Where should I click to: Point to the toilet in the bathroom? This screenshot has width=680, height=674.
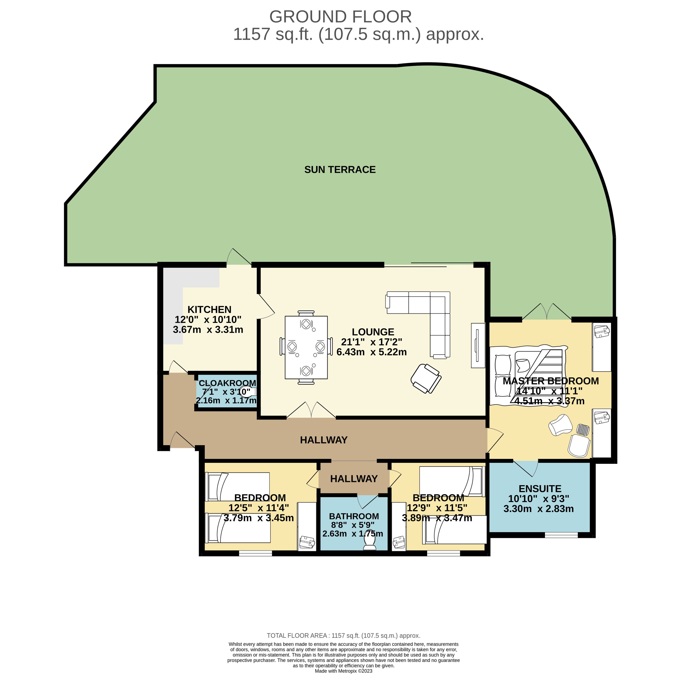pos(370,541)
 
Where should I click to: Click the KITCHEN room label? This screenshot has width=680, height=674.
pos(209,309)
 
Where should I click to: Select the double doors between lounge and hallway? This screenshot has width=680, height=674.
pos(311,411)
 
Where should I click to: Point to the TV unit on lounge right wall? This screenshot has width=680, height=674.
pos(478,345)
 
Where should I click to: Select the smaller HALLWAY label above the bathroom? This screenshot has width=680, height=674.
pos(354,479)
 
